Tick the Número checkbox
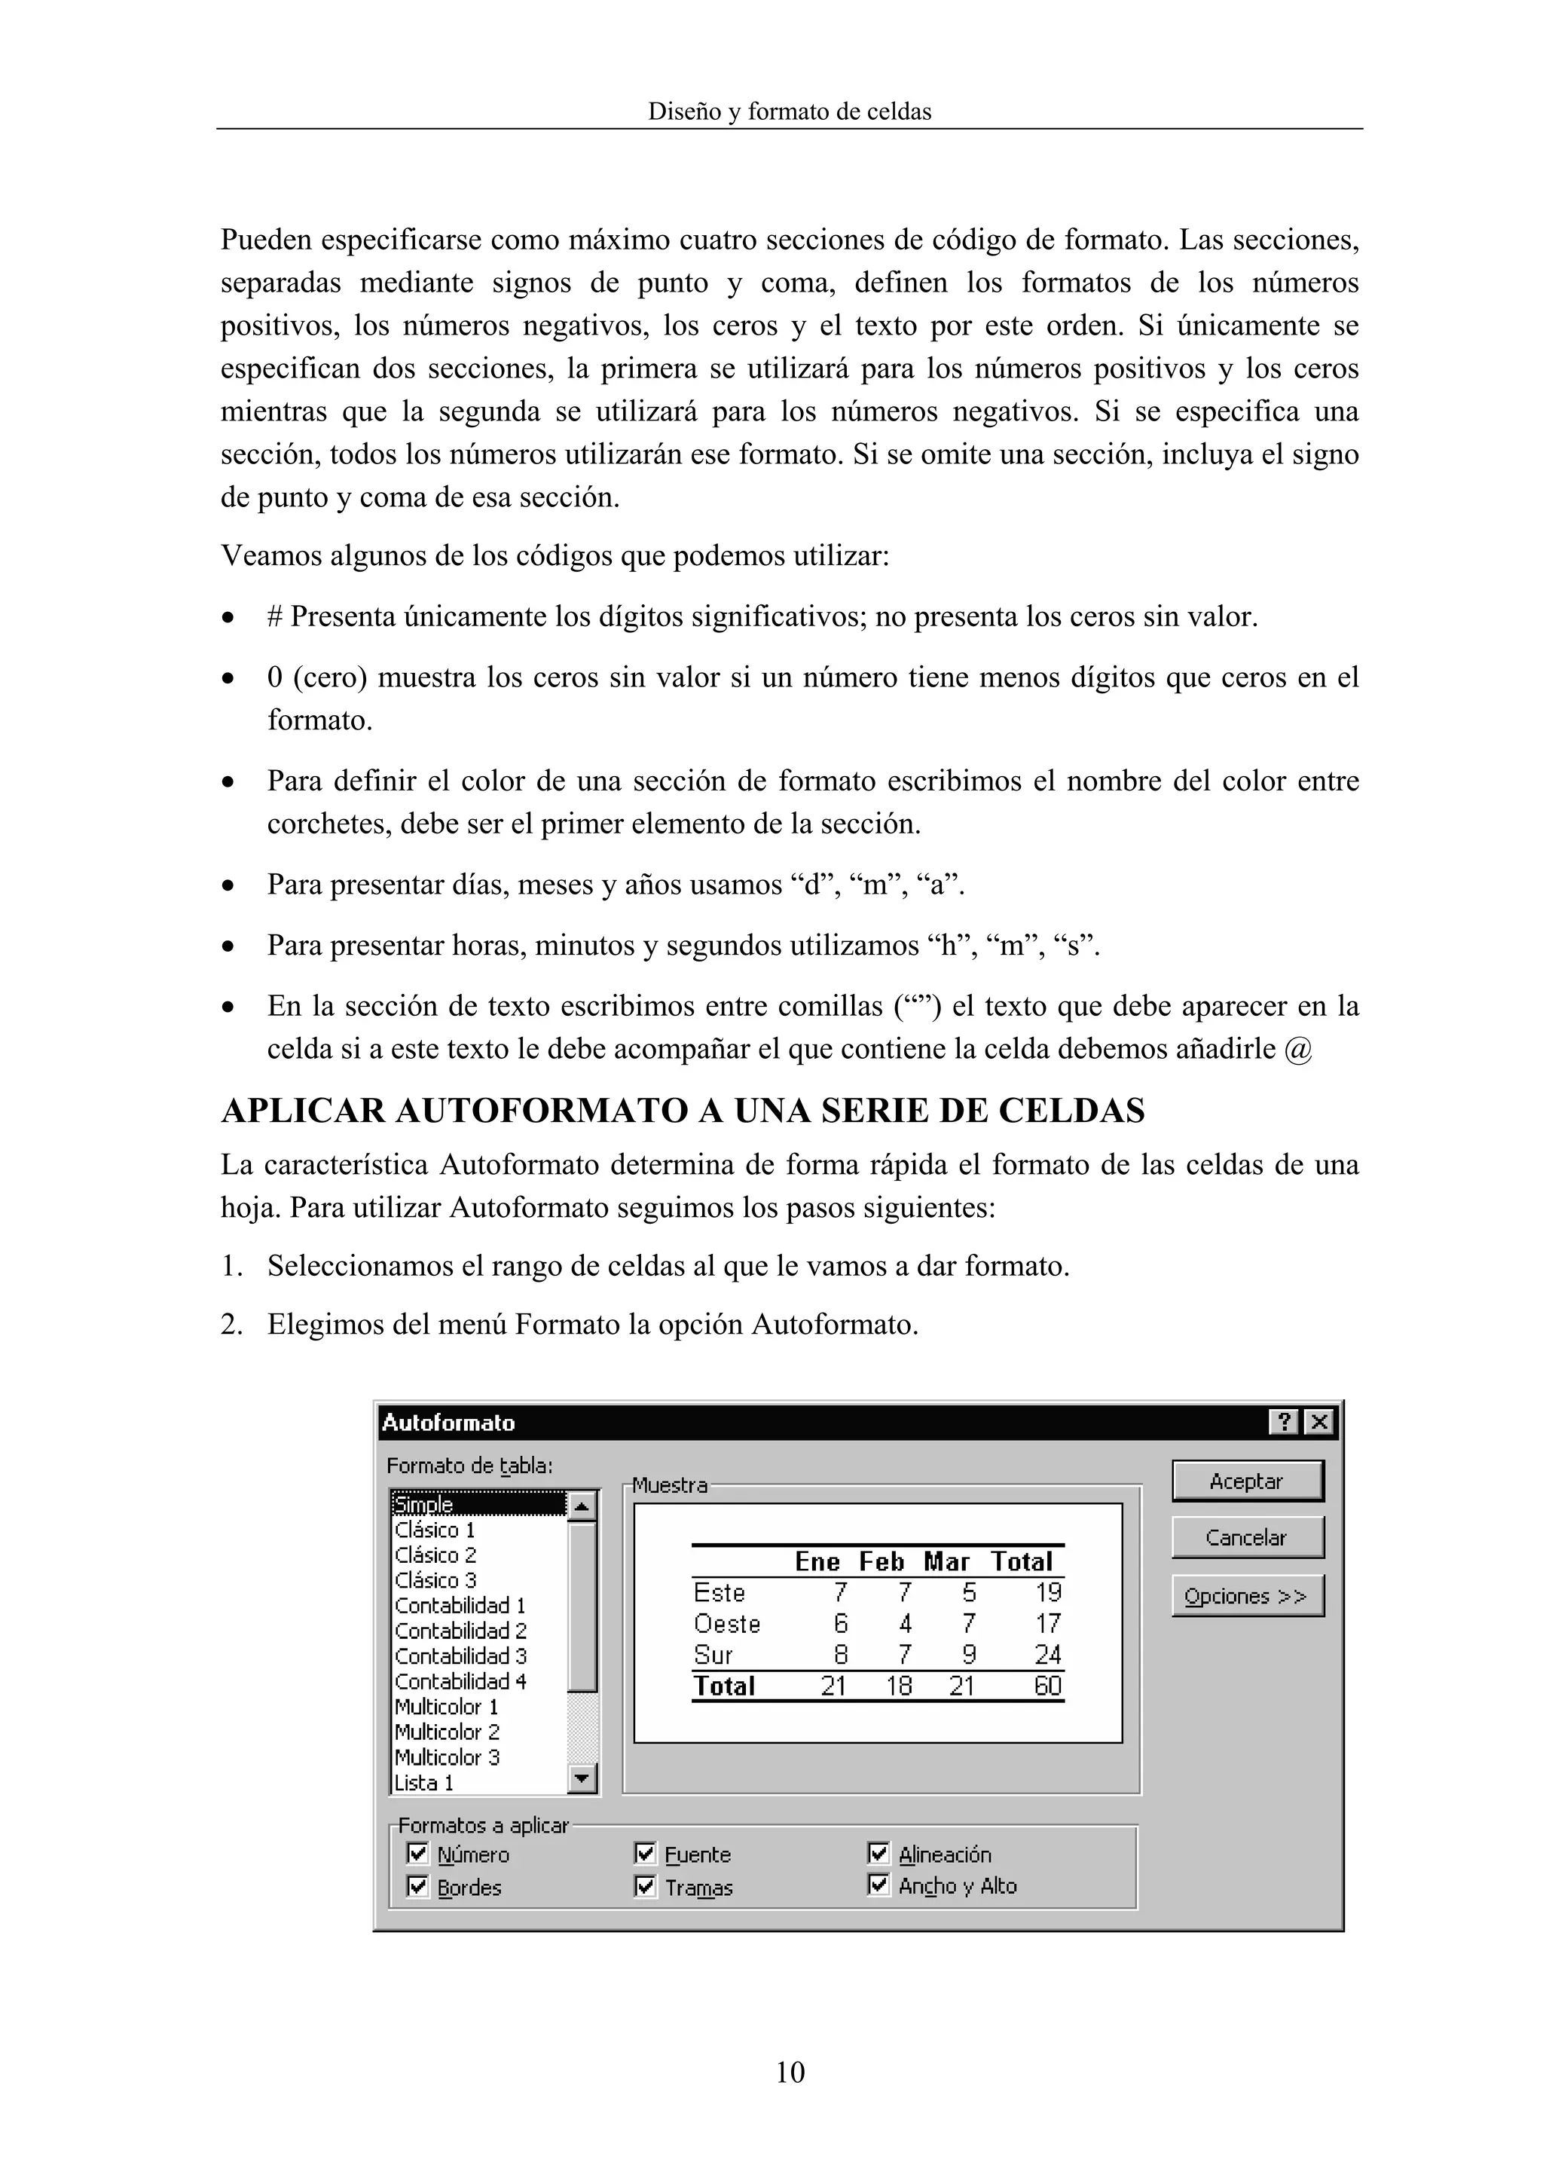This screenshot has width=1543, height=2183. [417, 1853]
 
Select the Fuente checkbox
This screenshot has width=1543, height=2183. [646, 1853]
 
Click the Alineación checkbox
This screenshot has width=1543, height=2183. [878, 1853]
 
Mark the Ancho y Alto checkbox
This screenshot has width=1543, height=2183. [878, 1885]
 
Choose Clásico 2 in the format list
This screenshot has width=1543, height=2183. [435, 1555]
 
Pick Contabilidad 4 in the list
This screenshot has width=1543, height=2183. [460, 1681]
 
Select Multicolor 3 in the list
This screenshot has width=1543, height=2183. [447, 1757]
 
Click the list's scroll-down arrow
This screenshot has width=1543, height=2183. [582, 1778]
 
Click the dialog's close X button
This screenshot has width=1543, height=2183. [1318, 1423]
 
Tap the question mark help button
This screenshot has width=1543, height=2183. [1284, 1423]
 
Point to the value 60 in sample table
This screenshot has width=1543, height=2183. [1048, 1686]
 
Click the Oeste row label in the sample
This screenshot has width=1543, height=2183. [727, 1624]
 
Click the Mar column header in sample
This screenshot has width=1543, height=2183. [946, 1562]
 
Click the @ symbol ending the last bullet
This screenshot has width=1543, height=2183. [1297, 1050]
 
